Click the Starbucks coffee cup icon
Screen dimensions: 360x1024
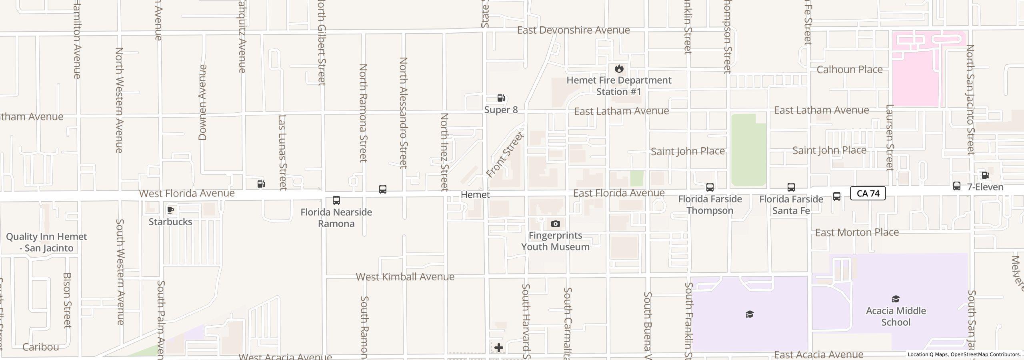click(170, 210)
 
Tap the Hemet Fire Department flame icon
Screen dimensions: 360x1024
click(619, 68)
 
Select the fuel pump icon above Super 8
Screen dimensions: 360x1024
click(501, 98)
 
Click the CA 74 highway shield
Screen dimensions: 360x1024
click(868, 194)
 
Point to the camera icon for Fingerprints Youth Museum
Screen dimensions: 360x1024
click(555, 224)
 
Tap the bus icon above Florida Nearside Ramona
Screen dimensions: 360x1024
click(336, 200)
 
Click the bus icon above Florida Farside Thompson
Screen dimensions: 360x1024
click(710, 187)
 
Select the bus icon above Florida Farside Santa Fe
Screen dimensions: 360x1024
click(791, 187)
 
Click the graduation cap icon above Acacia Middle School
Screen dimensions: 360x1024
click(896, 299)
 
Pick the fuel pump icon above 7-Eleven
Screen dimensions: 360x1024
click(985, 175)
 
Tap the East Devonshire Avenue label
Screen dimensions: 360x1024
click(573, 30)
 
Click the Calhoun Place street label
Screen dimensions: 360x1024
click(849, 70)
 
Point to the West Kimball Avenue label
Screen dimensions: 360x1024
click(405, 277)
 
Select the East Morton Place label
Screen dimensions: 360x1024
click(857, 232)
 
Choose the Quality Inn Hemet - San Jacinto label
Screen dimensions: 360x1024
click(46, 242)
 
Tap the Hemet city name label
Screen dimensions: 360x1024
click(475, 195)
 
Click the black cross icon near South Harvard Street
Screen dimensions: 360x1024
click(499, 348)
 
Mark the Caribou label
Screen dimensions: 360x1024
click(41, 347)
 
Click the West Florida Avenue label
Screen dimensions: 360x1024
click(187, 194)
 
